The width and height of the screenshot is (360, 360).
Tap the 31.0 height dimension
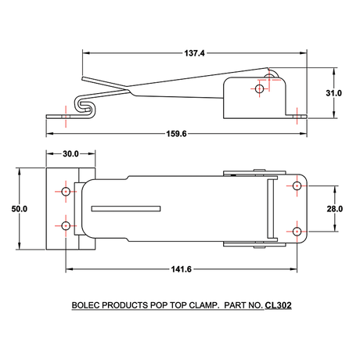pos(334,92)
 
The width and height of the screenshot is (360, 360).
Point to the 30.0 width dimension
pos(70,154)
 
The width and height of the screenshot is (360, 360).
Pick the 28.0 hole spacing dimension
pos(334,209)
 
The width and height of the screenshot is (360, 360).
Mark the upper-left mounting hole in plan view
pos(66,192)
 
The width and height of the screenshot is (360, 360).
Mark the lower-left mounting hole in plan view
pos(66,226)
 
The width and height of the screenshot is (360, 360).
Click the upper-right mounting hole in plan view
pos(297,186)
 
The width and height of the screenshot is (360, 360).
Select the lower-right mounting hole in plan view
pos(297,231)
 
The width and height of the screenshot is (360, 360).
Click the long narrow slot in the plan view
pos(126,208)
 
